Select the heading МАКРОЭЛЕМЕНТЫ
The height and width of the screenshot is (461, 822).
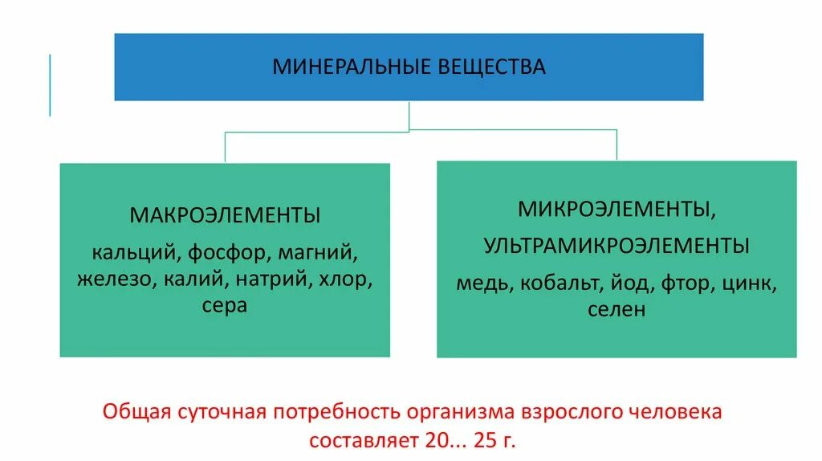[225, 216]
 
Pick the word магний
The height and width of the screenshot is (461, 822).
[318, 253]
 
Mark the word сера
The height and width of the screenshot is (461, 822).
[225, 306]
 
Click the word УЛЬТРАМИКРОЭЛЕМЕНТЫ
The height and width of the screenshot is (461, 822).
[616, 247]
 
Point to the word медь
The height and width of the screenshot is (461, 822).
[483, 283]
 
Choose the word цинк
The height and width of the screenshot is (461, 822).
[749, 283]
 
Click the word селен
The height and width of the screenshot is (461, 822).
[616, 309]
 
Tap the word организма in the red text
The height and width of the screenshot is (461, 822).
[449, 413]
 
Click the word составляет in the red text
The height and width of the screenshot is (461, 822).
[358, 440]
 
